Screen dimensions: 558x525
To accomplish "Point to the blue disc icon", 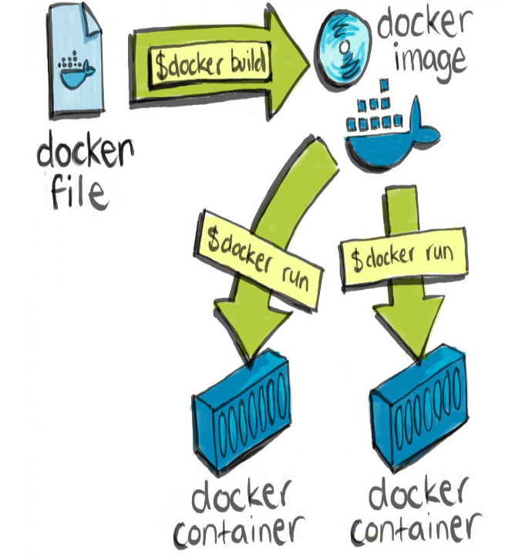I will click(x=344, y=46).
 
